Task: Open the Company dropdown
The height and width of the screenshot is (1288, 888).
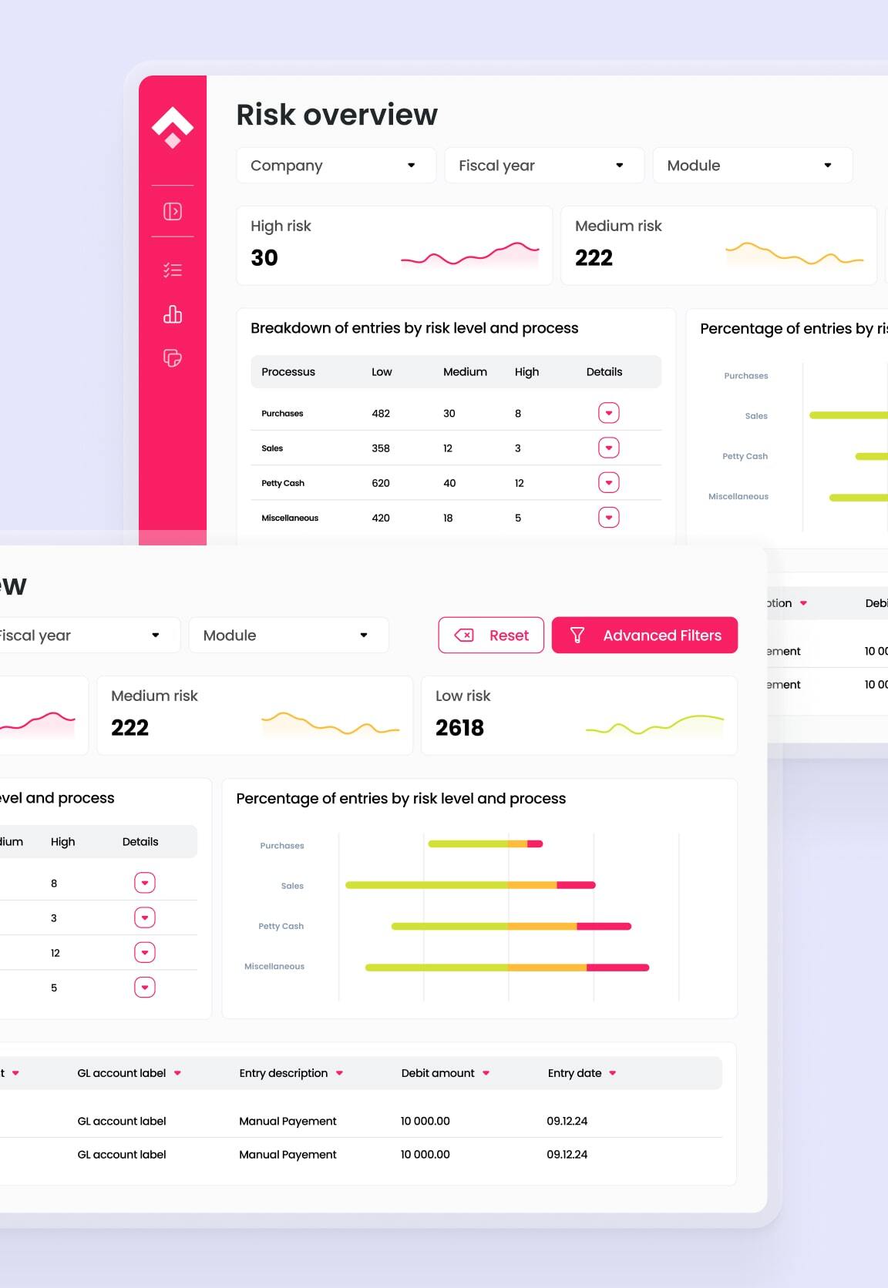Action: [335, 166]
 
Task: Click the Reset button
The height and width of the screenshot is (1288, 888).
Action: [491, 636]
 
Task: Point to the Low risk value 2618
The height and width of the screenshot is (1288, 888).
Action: [459, 728]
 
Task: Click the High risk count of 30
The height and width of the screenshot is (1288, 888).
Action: [264, 258]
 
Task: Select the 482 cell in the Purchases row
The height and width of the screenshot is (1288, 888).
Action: [381, 414]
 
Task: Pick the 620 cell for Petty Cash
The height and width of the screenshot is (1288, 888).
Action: [381, 484]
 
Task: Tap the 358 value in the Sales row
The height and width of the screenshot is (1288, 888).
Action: [381, 448]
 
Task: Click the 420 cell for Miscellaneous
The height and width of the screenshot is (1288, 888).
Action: [381, 518]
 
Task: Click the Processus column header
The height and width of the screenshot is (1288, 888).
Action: [288, 372]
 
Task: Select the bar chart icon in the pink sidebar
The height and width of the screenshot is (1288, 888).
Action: [173, 314]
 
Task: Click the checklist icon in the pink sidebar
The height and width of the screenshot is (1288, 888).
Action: [173, 270]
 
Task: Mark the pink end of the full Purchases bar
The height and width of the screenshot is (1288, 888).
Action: [535, 844]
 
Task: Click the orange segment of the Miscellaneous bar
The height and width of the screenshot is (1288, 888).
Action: [547, 968]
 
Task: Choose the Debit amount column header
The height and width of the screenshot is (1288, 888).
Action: [438, 1073]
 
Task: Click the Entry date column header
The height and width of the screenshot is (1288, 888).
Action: [574, 1073]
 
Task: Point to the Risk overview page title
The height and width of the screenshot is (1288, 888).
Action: [337, 115]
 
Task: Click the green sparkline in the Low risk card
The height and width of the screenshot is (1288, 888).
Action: [654, 726]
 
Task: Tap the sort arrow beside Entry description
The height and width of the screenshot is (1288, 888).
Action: [340, 1073]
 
